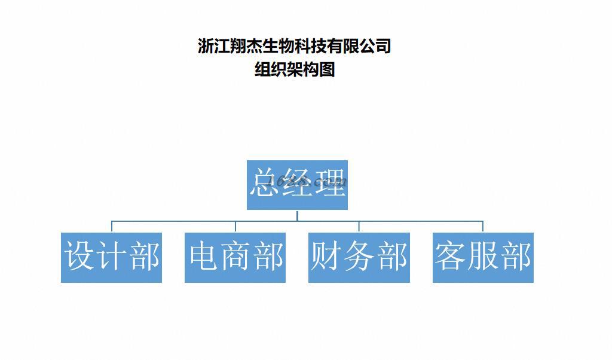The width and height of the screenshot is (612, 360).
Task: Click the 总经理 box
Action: click(x=297, y=185)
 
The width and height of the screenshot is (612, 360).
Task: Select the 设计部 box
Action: click(x=111, y=257)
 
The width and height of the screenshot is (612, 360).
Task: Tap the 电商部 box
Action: click(x=235, y=257)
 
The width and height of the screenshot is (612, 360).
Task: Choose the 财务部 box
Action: click(x=359, y=257)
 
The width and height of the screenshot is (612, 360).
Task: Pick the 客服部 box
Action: click(x=483, y=257)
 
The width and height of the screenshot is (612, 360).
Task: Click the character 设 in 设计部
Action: click(x=79, y=256)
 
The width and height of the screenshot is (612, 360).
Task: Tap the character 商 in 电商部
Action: click(x=235, y=256)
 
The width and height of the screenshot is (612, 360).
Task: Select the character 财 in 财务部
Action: click(x=326, y=256)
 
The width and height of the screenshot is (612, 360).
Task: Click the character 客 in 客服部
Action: click(x=451, y=256)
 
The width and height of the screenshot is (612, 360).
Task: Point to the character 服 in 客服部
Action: click(x=483, y=256)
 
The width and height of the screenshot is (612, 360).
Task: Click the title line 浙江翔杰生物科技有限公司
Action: click(x=294, y=46)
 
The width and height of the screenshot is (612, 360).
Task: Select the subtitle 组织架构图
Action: click(x=294, y=70)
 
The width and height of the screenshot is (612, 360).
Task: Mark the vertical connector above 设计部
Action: click(x=112, y=227)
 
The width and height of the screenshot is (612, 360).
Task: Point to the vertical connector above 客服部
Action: click(x=483, y=227)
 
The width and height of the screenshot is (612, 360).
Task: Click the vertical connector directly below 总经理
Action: click(x=297, y=215)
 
